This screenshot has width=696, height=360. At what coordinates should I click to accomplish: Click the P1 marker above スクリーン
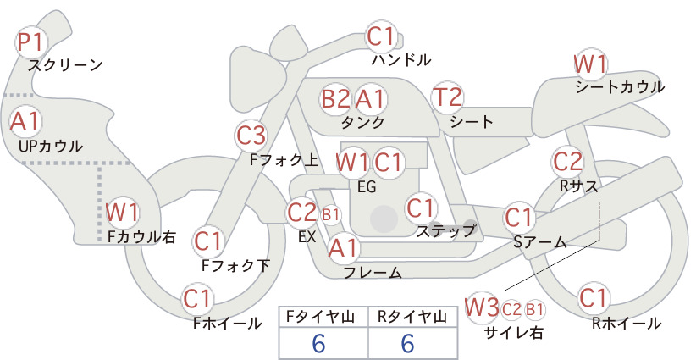30,42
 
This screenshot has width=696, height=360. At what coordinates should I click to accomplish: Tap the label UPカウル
51,147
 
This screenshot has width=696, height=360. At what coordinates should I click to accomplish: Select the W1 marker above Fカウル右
122,212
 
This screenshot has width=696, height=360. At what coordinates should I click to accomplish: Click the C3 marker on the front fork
251,136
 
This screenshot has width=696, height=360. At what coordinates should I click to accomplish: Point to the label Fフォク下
235,265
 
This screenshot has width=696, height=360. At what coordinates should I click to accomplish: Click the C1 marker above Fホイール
197,299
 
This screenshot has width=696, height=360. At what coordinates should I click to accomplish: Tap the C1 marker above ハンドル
381,36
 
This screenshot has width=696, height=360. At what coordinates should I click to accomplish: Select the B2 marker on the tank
335,99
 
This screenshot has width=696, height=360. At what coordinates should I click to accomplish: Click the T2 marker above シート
447,97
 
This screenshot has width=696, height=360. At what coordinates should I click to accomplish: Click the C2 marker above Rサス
567,161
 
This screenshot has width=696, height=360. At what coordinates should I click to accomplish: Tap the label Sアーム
539,242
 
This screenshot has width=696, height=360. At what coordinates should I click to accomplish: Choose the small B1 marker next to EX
330,215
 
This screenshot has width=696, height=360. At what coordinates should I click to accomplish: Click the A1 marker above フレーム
343,247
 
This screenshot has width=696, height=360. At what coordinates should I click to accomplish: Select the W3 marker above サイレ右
482,307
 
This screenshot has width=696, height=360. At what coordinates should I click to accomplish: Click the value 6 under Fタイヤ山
318,343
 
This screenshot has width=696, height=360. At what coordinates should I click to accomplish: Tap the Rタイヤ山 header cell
412,317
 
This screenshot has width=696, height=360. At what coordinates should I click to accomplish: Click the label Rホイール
627,324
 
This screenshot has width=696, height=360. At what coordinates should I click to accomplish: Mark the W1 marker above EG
351,163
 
